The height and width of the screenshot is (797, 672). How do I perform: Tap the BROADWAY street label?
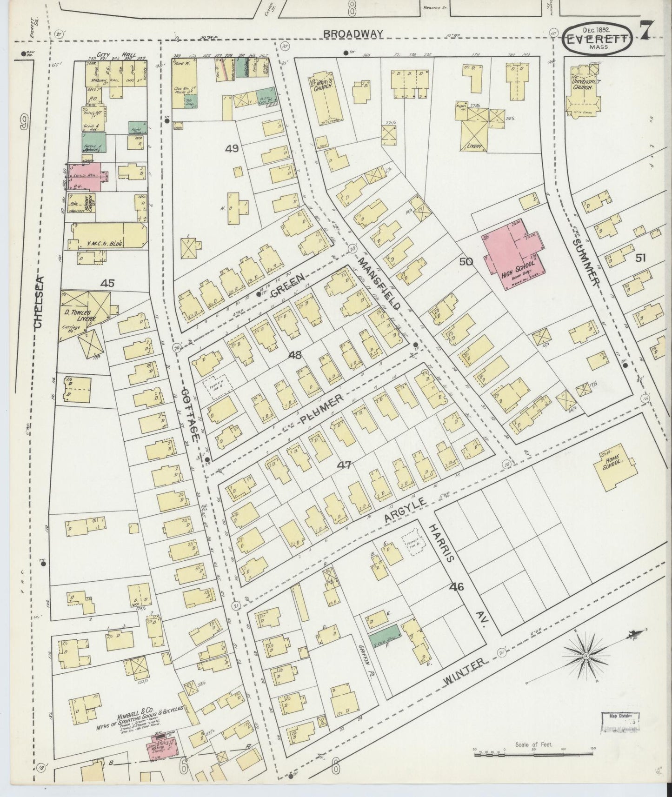353,34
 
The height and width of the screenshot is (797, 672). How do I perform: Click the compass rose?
586,656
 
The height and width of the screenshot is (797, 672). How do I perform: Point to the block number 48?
295,355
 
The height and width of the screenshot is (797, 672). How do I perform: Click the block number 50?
466,262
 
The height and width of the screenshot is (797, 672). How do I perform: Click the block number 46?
456,587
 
